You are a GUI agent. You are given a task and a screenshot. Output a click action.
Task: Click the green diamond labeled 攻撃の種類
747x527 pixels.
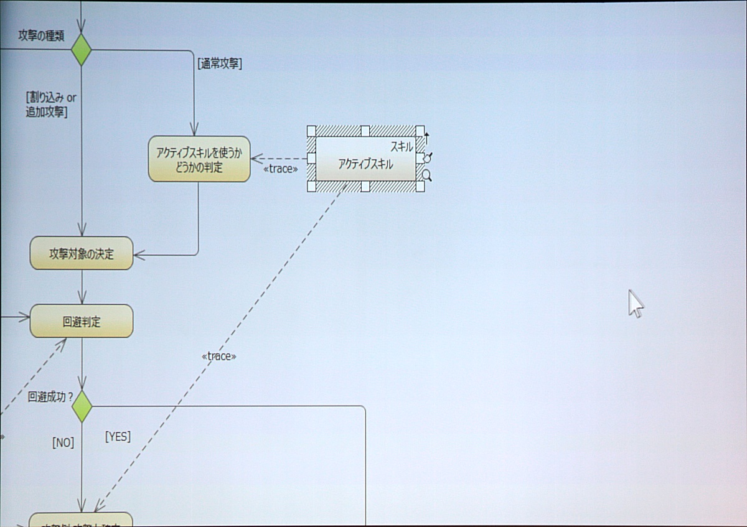82,50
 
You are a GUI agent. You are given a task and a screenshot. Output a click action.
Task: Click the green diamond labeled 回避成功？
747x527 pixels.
82,407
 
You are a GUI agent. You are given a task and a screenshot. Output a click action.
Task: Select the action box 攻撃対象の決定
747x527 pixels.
82,254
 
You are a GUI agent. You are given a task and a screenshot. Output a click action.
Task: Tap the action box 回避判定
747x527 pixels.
82,322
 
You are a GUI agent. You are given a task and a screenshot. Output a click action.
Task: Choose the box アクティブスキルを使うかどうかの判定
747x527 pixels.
199,160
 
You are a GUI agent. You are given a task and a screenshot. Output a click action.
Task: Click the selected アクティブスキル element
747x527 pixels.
365,164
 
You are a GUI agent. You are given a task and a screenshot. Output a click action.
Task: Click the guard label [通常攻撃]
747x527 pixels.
219,63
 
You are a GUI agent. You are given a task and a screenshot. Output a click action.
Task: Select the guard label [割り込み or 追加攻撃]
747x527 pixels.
51,105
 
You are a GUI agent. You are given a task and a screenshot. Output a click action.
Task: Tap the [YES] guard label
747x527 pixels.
118,436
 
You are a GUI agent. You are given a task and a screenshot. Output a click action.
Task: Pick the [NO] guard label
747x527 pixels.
63,442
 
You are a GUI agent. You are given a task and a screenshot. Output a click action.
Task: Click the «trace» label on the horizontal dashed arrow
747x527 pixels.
280,169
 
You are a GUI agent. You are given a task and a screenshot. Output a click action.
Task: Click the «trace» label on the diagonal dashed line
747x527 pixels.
219,356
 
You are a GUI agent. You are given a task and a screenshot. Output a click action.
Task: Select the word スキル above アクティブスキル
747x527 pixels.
402,147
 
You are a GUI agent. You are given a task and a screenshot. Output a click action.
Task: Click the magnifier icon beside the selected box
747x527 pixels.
427,175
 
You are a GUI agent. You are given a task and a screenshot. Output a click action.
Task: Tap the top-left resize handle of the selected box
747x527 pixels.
311,131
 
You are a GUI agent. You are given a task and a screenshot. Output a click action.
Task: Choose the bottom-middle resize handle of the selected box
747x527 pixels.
365,187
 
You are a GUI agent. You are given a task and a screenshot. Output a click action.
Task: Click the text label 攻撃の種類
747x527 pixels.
41,36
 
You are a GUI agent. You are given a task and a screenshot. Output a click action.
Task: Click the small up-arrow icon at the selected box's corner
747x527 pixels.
427,138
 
